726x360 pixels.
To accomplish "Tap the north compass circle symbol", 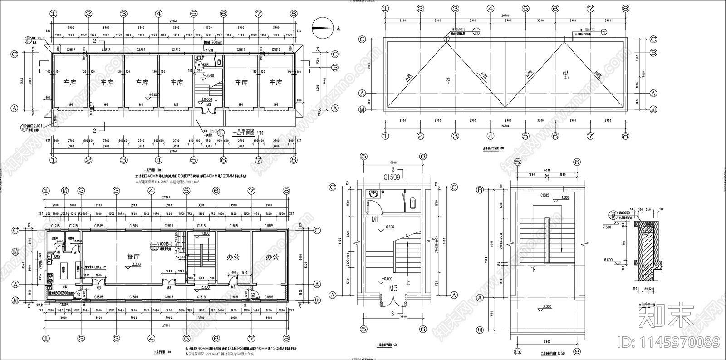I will click(x=321, y=27).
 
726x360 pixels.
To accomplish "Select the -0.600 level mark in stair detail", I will click(x=388, y=227).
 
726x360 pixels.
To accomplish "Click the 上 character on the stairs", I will click(x=408, y=282).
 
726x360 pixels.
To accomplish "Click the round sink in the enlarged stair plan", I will click(x=374, y=194).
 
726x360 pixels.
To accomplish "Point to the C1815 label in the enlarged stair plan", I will click(x=545, y=195).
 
